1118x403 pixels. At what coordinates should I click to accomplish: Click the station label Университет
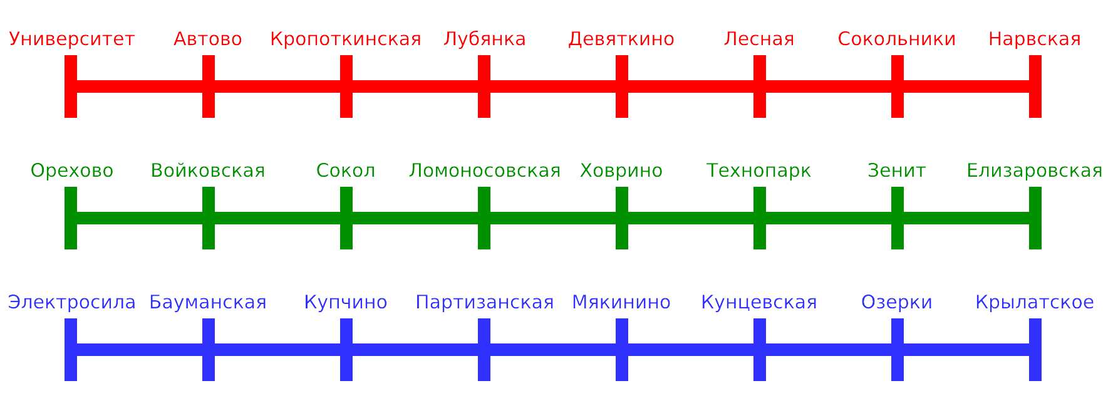click(x=72, y=39)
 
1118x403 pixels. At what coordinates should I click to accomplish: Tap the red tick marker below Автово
click(x=209, y=86)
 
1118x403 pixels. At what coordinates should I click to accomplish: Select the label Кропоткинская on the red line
click(x=346, y=39)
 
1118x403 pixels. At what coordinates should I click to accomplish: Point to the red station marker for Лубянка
click(x=484, y=86)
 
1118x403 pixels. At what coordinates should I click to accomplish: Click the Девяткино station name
click(x=621, y=39)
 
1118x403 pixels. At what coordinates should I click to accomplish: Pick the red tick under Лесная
click(x=760, y=86)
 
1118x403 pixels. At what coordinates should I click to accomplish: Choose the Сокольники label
click(x=897, y=39)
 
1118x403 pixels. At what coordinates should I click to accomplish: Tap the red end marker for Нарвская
click(x=1035, y=86)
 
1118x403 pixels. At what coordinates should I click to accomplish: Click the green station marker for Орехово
click(x=71, y=218)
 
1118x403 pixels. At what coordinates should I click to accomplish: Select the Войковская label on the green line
click(x=209, y=170)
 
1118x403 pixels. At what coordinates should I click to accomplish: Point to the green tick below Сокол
click(x=346, y=218)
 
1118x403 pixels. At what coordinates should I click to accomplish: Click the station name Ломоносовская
click(x=485, y=170)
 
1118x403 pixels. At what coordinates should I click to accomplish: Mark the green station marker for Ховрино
click(x=622, y=218)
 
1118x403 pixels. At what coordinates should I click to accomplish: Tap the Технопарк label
click(x=759, y=170)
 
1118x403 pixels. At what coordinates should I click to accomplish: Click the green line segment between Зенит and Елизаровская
click(x=966, y=218)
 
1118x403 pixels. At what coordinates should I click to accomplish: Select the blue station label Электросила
click(x=72, y=303)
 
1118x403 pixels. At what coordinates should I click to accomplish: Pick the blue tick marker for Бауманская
click(x=209, y=350)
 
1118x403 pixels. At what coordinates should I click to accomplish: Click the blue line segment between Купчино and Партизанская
click(x=415, y=350)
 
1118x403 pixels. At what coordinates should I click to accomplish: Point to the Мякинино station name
click(x=621, y=303)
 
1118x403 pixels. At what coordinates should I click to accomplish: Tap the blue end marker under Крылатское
click(x=1035, y=350)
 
